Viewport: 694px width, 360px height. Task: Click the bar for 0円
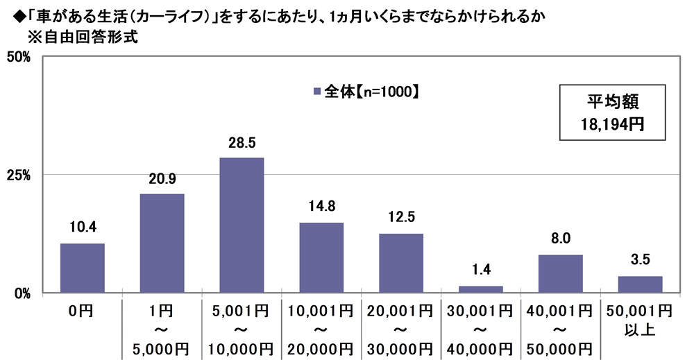pos(83,268)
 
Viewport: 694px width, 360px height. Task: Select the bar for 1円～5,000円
pos(162,243)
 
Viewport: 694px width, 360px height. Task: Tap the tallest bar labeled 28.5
pos(242,225)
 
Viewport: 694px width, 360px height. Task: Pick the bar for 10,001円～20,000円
pos(321,257)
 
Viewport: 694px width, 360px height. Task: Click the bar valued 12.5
pos(400,263)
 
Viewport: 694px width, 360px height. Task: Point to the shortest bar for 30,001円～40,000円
pos(480,289)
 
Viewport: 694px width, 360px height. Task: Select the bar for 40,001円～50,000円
pos(560,273)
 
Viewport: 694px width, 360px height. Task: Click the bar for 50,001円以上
pos(640,284)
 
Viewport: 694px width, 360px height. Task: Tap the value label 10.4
pos(83,228)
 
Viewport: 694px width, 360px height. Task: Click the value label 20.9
pos(162,178)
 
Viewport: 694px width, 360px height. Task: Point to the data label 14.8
pos(321,207)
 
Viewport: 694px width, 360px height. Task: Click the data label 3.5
pos(640,260)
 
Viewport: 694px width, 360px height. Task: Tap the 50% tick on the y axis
pos(19,57)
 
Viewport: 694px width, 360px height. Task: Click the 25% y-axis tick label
pos(19,175)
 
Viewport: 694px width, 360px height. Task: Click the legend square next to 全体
pos(317,91)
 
